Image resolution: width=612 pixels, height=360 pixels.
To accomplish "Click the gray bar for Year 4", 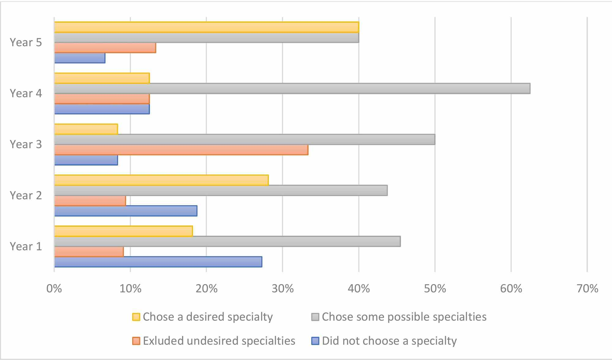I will [292, 88].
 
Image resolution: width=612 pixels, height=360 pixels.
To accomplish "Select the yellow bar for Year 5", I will [207, 27].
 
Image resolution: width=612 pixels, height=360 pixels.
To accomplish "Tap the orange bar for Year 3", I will [181, 150].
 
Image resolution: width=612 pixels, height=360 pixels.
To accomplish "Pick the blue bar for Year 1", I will [158, 262].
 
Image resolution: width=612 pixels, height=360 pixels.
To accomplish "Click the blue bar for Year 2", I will [126, 211].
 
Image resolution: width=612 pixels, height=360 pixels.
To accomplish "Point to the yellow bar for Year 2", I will [161, 180].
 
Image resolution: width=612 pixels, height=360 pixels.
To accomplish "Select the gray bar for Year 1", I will [227, 242].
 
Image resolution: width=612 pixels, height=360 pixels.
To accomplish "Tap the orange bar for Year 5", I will [105, 48].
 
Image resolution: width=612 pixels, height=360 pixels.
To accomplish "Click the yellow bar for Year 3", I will [86, 129].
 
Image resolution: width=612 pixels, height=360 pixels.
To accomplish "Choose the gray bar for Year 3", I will [244, 140].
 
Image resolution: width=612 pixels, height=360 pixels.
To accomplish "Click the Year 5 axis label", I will [26, 42].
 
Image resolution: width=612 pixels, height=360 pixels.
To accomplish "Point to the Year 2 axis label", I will [26, 195].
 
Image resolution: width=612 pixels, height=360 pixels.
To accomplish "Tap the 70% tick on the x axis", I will [587, 289].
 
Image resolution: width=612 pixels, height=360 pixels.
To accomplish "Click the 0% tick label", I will [54, 289].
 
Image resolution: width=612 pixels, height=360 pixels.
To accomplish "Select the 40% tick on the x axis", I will [359, 289].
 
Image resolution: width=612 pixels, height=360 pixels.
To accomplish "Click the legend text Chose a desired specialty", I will [207, 317].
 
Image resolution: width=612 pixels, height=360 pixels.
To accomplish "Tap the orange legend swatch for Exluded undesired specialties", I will [136, 341].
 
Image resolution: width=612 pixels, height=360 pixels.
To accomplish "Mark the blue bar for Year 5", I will [80, 58].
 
